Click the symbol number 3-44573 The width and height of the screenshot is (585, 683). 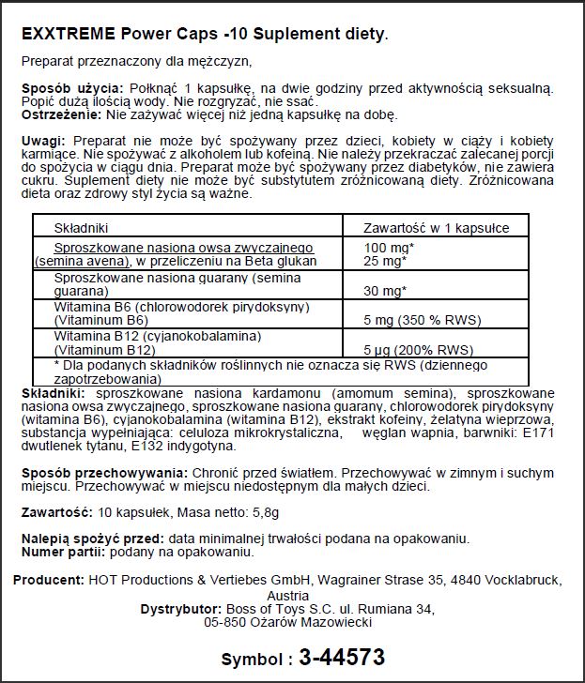tap(341, 658)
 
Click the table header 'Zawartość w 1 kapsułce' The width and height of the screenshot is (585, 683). tap(437, 228)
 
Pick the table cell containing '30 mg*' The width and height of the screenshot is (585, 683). tap(386, 290)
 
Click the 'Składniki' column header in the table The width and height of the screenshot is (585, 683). tap(83, 228)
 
